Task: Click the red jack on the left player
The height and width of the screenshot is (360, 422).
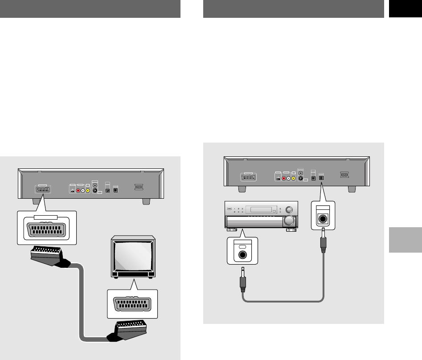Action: (x=78, y=191)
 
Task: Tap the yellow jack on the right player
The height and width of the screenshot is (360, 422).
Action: (x=294, y=178)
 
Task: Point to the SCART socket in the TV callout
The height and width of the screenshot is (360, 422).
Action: (x=132, y=304)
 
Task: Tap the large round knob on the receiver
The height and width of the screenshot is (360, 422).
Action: (x=289, y=221)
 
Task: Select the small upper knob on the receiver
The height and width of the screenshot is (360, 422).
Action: (x=289, y=209)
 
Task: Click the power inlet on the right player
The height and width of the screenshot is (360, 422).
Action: (x=344, y=176)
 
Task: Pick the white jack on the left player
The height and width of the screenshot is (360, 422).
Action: (x=83, y=191)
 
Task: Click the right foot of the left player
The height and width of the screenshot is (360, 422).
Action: (x=146, y=201)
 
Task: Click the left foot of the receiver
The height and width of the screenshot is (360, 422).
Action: (x=231, y=230)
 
